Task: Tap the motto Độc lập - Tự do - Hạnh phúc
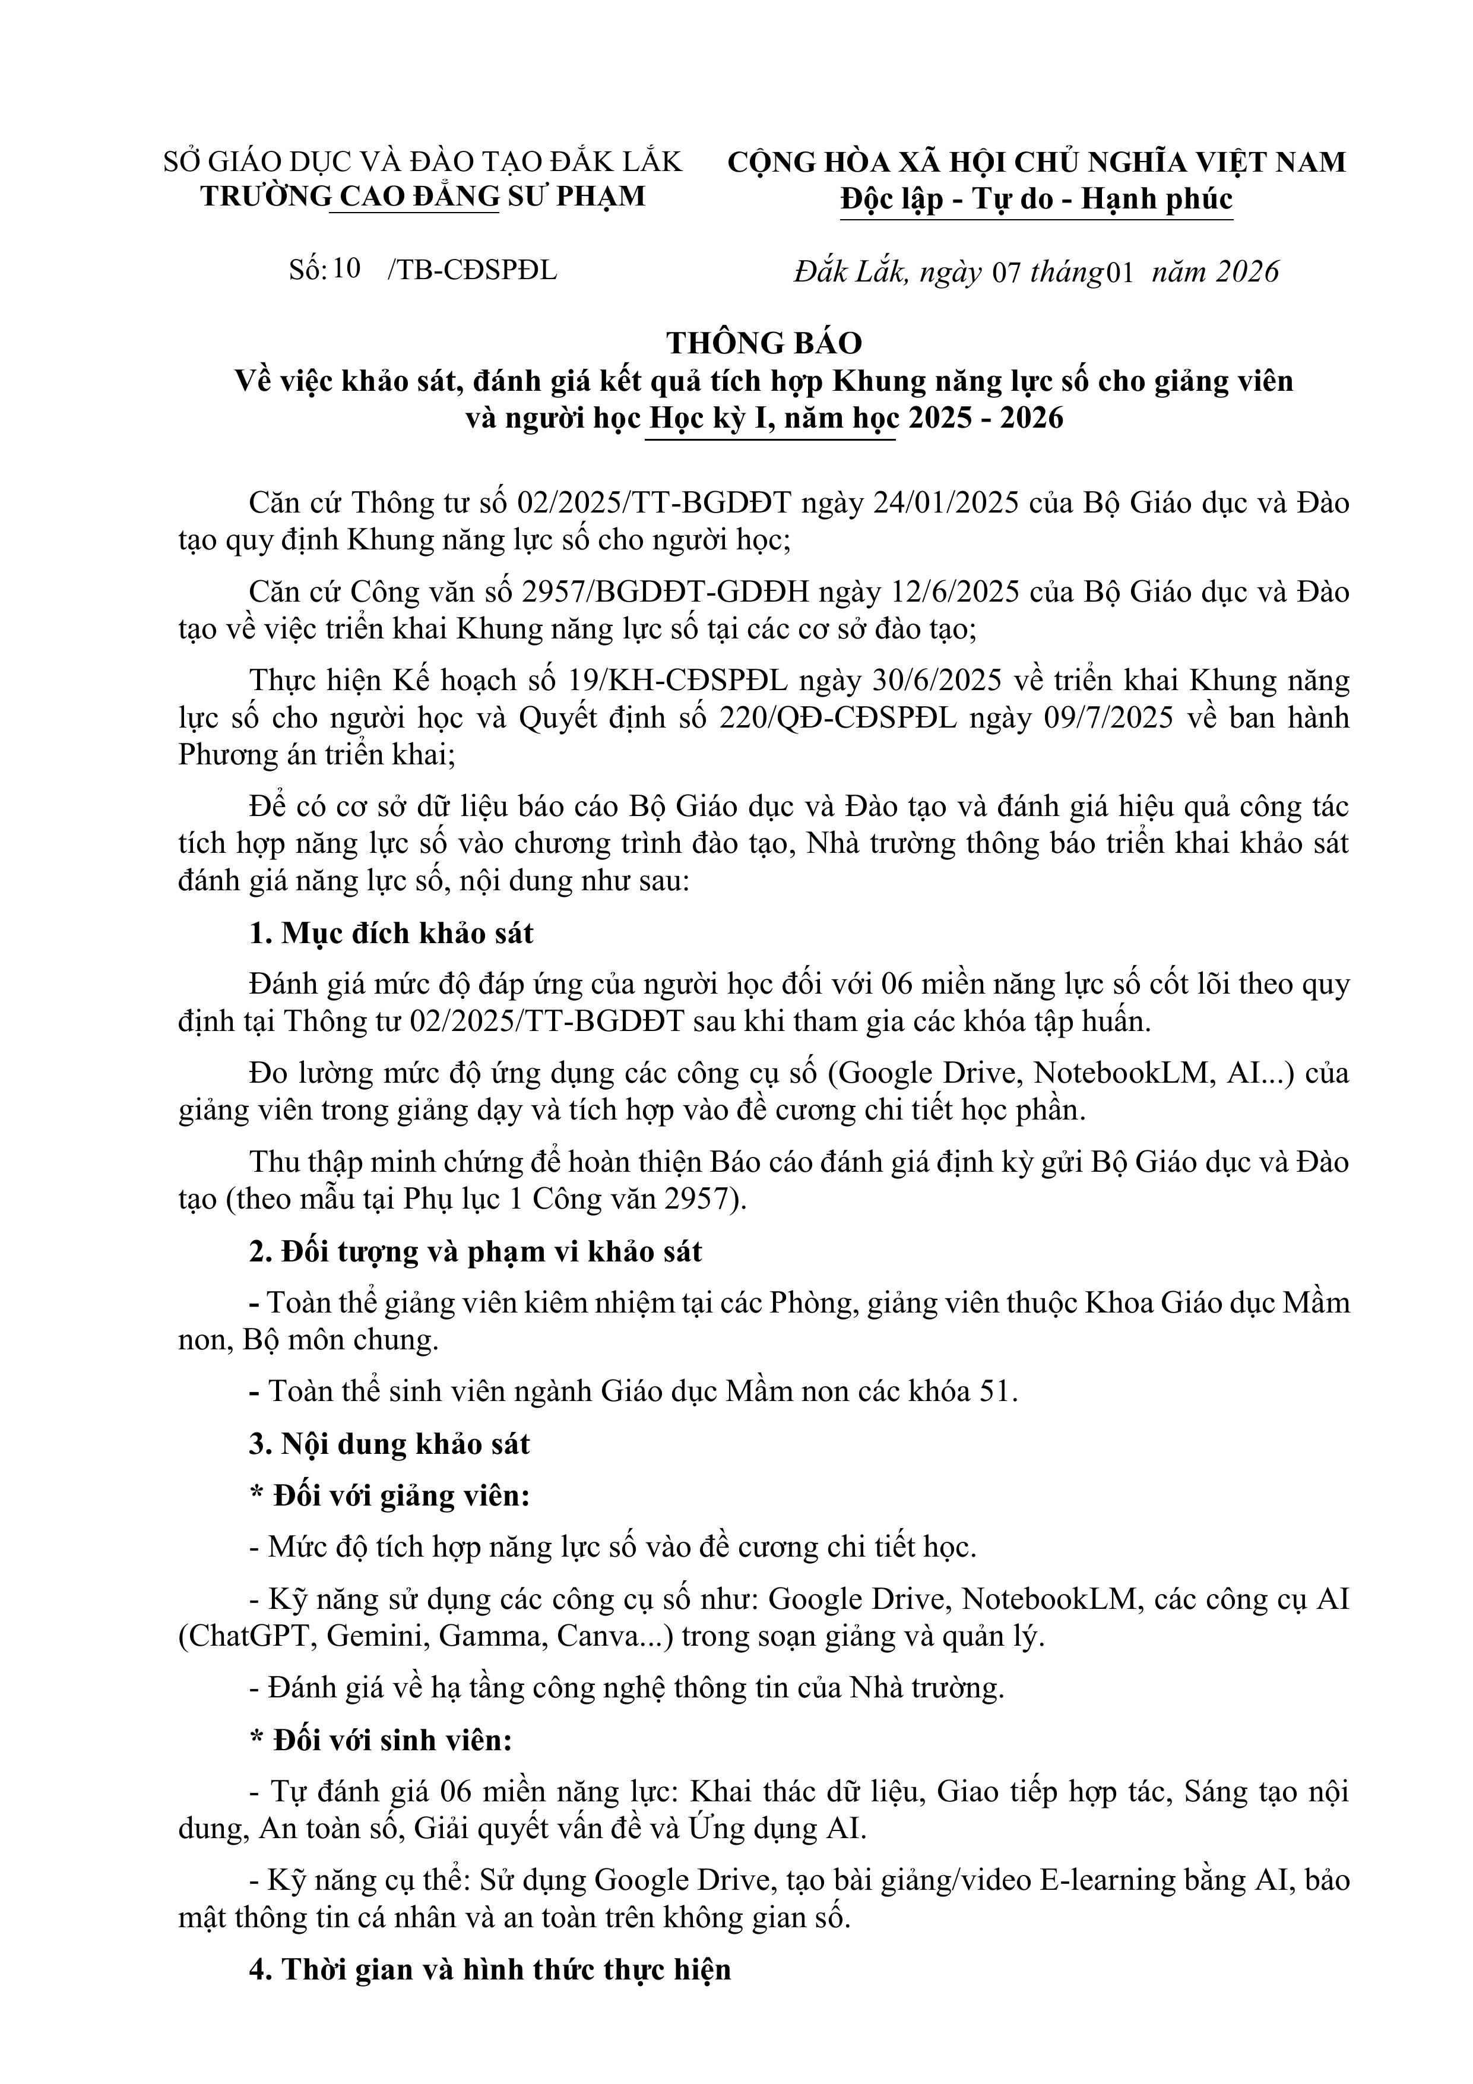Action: [x=1037, y=200]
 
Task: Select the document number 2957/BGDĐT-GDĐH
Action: [x=666, y=592]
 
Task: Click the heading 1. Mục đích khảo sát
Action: [x=392, y=933]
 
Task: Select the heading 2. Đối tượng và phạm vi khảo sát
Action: [x=476, y=1252]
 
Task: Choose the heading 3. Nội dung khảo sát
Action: [x=389, y=1444]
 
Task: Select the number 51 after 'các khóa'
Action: [x=994, y=1392]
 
